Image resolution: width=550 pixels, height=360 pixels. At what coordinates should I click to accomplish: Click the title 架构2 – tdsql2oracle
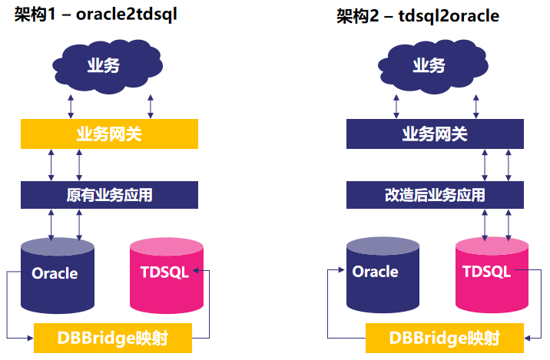click(418, 16)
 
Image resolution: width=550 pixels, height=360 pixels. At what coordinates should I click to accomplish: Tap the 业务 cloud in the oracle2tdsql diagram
click(103, 65)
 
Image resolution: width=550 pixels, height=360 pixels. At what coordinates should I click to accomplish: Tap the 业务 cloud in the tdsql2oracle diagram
click(428, 65)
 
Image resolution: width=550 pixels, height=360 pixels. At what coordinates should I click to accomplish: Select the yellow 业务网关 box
click(109, 134)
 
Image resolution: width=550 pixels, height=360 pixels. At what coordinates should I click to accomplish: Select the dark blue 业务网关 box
click(434, 134)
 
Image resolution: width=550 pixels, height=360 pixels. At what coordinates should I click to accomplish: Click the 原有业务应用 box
click(109, 195)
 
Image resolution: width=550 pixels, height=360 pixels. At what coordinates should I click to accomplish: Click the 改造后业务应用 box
click(434, 195)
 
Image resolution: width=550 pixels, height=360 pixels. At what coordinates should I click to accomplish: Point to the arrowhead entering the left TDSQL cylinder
click(199, 271)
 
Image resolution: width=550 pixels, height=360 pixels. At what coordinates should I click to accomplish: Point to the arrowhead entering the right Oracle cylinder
click(342, 271)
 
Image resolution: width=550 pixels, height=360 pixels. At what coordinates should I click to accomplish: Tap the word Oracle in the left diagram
click(55, 273)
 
